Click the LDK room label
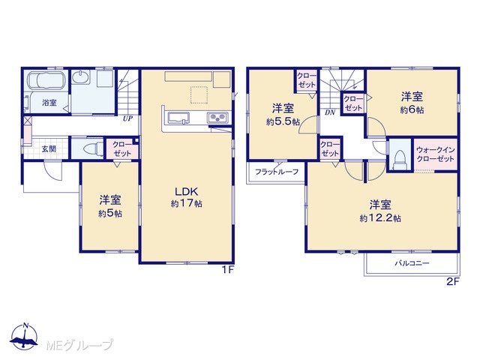coord(187,192)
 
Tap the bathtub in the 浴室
coord(46,80)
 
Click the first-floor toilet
coord(91,149)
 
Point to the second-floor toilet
coord(400,160)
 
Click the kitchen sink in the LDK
coord(178,118)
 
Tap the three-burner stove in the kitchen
coord(217,118)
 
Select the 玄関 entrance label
coord(49,149)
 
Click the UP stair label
coord(128,118)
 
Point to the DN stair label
coord(330,112)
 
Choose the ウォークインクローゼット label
coord(435,154)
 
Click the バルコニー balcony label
coord(412,263)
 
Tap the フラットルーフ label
coord(277,172)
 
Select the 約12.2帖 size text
coord(380,218)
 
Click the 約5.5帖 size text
coord(283,121)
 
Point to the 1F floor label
coord(228,270)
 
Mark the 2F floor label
coord(453,282)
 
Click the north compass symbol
coord(24,337)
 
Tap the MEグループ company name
coord(80,345)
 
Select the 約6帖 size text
coord(412,110)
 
